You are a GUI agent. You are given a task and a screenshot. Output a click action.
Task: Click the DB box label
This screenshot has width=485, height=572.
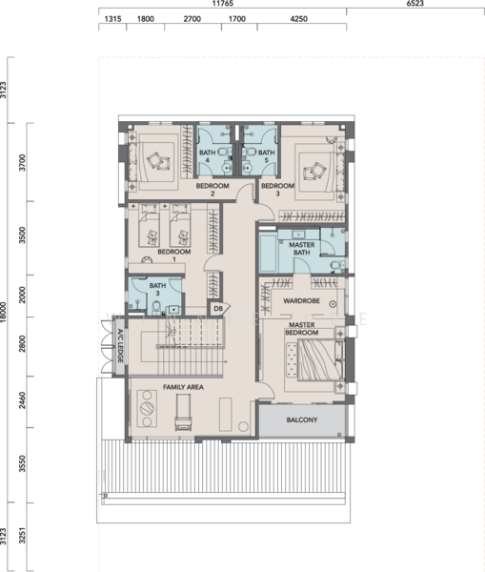point(218,309)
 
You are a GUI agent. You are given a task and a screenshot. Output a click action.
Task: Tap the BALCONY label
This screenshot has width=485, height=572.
point(302,419)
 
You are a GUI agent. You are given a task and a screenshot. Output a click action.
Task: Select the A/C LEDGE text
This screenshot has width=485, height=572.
point(120,346)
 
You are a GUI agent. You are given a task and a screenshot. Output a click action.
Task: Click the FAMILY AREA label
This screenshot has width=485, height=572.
point(183,387)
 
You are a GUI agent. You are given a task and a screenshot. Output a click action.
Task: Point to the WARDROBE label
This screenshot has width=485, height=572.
point(301,301)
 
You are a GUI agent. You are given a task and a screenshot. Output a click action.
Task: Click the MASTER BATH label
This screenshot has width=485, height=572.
point(301,249)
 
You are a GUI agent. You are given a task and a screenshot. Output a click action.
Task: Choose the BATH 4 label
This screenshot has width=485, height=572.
point(208,156)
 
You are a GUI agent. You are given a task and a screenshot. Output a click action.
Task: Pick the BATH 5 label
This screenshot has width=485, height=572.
point(266,156)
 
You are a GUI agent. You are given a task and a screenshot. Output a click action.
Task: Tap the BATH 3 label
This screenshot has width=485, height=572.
point(157,289)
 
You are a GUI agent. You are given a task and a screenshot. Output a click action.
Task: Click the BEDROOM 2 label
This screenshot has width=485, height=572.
point(212,190)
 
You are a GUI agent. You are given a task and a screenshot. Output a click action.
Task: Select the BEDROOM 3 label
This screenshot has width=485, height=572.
point(277,190)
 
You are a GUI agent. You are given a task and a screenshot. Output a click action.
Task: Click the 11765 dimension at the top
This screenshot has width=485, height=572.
point(222,3)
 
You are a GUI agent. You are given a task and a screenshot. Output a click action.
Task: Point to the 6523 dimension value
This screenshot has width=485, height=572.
point(415,3)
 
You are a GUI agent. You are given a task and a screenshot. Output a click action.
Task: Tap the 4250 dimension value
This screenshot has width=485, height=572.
point(298,19)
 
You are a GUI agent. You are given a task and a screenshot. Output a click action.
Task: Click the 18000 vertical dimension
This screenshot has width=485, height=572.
point(3,312)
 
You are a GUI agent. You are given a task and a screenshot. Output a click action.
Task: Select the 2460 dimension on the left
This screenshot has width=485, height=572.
point(22,400)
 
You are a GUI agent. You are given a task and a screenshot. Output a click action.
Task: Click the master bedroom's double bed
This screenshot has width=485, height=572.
point(320,360)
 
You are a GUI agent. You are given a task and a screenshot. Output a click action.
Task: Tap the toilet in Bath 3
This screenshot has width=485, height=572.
point(156,308)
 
